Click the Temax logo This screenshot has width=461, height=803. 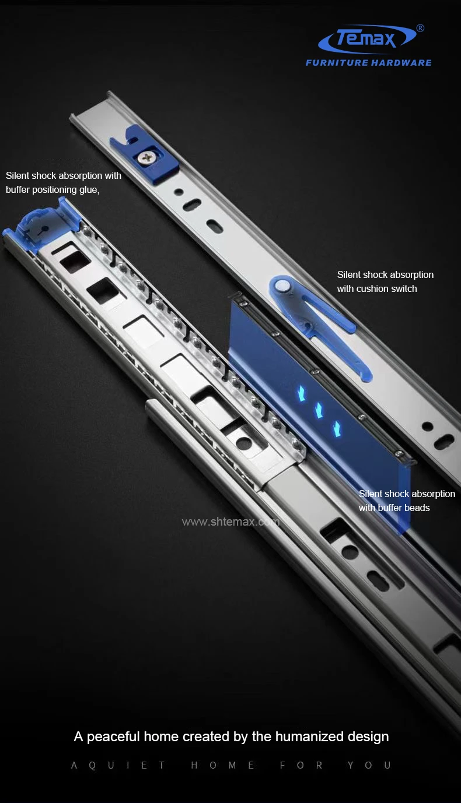368,38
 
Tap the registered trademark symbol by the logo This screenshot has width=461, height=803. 420,29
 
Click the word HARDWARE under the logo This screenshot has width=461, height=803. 401,63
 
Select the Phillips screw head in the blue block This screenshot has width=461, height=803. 146,156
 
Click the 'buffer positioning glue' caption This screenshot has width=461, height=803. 53,189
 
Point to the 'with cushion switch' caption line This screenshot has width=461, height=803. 377,288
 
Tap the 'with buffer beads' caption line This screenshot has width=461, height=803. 394,508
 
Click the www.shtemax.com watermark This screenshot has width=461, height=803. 230,522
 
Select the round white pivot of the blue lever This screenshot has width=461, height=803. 282,286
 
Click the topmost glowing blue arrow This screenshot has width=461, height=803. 302,394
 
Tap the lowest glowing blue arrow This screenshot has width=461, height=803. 337,429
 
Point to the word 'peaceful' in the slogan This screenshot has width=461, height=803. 113,737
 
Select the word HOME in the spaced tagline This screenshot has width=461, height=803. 222,765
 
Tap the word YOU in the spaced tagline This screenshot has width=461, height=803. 369,765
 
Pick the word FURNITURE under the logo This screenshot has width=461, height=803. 337,63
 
